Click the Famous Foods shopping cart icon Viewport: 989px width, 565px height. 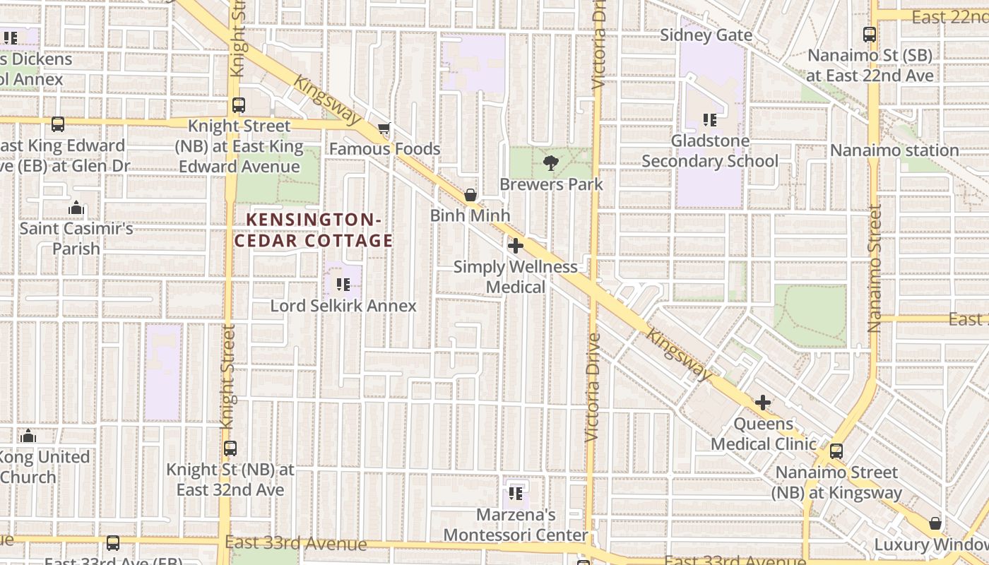384,129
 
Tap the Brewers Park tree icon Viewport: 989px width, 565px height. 550,164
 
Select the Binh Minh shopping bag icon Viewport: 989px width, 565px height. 470,195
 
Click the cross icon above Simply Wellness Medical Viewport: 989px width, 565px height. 516,246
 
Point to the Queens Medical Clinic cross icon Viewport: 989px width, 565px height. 763,403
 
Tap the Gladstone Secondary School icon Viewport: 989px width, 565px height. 710,120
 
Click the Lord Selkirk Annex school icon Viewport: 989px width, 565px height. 343,285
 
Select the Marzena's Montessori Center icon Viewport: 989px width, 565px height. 516,493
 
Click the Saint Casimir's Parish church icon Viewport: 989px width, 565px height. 76,208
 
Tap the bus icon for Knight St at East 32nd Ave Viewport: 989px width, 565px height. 230,448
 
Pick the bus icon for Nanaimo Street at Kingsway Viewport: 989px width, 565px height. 836,451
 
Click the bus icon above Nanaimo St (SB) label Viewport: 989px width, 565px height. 870,34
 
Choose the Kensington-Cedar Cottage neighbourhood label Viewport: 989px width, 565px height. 314,230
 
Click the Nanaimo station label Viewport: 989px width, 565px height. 894,150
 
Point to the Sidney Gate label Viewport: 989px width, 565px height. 706,35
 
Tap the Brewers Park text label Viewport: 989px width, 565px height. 551,184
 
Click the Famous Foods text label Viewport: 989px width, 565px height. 384,149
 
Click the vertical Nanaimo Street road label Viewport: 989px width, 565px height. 875,268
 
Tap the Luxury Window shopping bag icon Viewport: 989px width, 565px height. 935,523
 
